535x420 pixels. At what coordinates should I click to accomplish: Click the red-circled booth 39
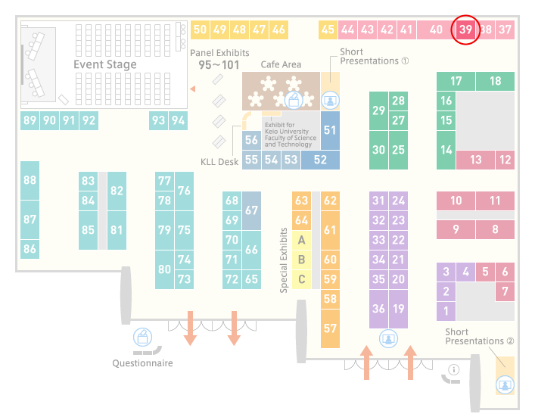tap(465, 30)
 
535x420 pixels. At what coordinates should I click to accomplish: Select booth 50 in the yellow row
tap(200, 30)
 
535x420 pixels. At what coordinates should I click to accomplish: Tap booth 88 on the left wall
tap(30, 180)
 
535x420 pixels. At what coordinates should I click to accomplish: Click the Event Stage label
tap(105, 64)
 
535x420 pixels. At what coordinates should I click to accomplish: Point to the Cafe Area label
tap(281, 64)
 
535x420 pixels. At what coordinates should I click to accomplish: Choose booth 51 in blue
tap(330, 130)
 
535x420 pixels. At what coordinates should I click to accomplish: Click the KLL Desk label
tap(219, 162)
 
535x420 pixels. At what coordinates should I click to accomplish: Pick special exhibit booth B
tap(302, 260)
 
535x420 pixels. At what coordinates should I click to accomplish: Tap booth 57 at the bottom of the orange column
tap(330, 328)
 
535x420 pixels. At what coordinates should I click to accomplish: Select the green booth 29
tap(378, 110)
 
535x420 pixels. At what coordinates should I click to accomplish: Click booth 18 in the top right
tap(495, 81)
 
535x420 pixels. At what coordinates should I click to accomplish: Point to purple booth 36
tap(378, 309)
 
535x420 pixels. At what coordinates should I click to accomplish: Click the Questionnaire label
tap(142, 363)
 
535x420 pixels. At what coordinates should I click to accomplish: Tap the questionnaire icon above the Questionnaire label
tap(142, 337)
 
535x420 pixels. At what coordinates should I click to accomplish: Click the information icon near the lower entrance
tap(454, 369)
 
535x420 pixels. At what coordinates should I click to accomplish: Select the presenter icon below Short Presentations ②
tap(505, 385)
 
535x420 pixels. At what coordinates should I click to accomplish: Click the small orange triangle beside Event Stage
tap(193, 89)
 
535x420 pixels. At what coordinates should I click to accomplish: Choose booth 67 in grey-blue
tap(251, 210)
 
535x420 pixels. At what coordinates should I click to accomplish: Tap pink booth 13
tap(476, 160)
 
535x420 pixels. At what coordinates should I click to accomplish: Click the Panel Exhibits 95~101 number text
tap(219, 65)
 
